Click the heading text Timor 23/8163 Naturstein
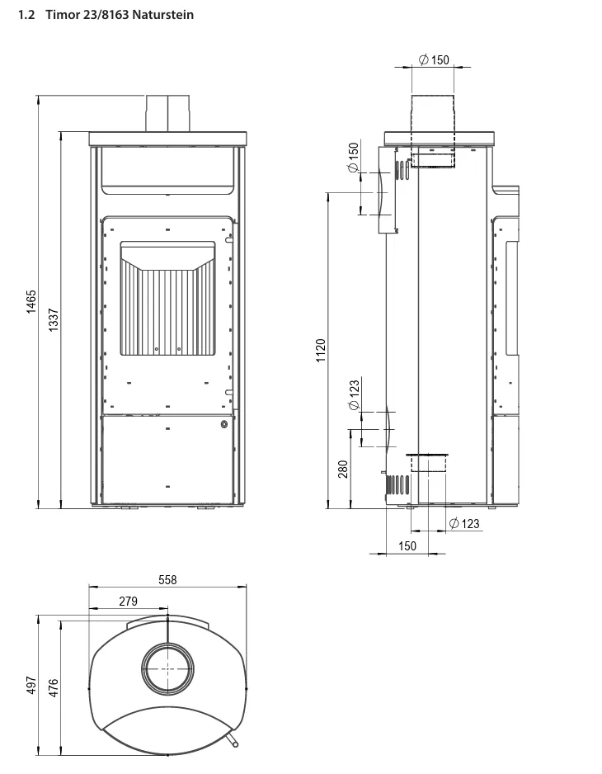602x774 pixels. [x=120, y=15]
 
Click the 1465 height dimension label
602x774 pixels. [x=31, y=302]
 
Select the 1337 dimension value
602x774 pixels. [x=54, y=319]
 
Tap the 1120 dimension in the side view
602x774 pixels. [x=321, y=350]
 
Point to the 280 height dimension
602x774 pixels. [x=343, y=469]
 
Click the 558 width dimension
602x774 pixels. [x=167, y=579]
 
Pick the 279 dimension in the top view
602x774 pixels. [x=129, y=602]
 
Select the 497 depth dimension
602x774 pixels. [x=31, y=685]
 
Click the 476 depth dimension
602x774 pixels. [x=54, y=687]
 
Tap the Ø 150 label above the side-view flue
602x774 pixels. [x=435, y=59]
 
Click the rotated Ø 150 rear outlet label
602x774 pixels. [x=353, y=158]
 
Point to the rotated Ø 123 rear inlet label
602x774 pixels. [x=354, y=395]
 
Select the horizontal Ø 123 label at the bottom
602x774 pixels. [x=464, y=523]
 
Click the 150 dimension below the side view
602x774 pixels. [x=407, y=546]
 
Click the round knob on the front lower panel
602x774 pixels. [x=224, y=423]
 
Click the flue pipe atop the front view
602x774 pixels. [x=167, y=113]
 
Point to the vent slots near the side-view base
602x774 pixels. [x=397, y=485]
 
